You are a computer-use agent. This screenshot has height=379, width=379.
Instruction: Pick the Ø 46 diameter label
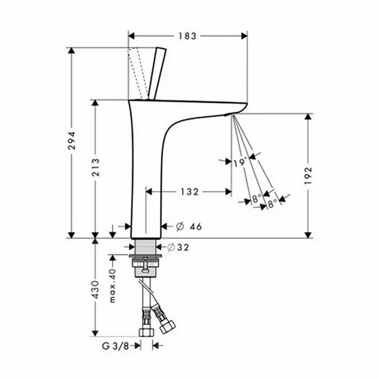tap(187, 226)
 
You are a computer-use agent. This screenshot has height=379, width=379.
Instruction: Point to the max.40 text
tap(114, 285)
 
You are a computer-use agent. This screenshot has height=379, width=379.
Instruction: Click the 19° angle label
tap(239, 162)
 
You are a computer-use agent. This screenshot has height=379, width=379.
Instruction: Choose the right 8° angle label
tap(272, 203)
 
